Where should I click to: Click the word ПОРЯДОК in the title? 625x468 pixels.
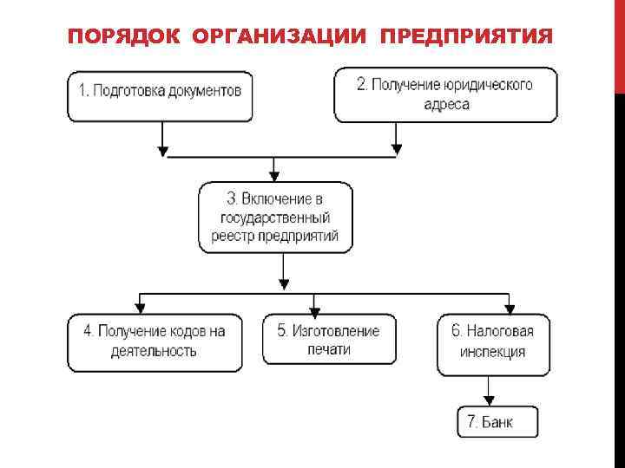point(123,37)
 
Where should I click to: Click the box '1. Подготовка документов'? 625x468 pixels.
point(161,94)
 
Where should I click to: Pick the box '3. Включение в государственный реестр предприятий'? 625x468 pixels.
point(275,217)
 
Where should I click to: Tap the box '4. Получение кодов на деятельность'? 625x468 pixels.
point(155,341)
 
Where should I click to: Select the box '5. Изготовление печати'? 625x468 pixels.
point(328,339)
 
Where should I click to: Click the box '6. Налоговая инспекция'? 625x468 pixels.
point(494,343)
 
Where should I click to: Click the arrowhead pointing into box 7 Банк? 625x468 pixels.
point(490,400)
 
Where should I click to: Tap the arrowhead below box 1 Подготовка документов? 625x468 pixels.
point(162,150)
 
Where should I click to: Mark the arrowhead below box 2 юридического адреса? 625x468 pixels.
point(397,150)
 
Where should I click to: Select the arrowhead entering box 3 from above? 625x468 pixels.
point(274,175)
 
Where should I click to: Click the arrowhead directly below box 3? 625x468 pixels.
point(283,283)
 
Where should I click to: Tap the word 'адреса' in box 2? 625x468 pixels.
point(446,105)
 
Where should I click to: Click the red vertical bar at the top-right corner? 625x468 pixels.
point(619,43)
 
